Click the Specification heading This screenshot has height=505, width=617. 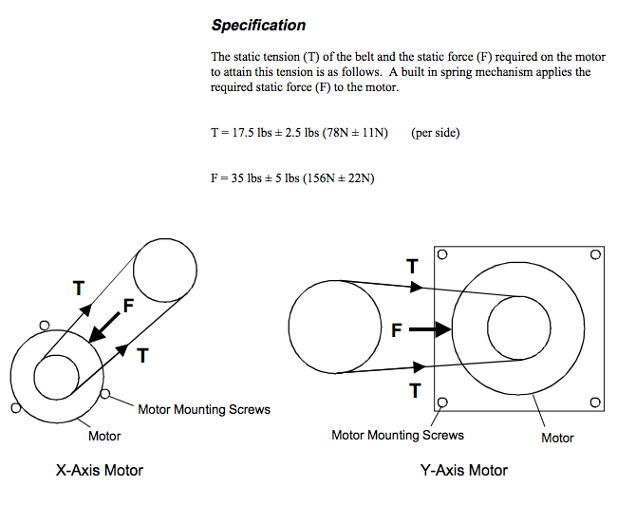[258, 26]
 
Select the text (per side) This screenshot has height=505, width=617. [435, 133]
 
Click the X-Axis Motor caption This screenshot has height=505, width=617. [100, 471]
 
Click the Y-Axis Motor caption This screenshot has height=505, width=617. [464, 471]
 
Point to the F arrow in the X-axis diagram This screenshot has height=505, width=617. [104, 327]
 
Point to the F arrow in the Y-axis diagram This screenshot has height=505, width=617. [430, 329]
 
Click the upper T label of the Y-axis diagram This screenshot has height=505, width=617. [412, 267]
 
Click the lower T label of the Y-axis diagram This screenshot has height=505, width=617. [415, 391]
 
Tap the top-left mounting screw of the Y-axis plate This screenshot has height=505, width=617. [442, 254]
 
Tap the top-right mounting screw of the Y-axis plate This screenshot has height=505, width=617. [596, 254]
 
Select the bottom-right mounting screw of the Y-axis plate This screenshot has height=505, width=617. [595, 402]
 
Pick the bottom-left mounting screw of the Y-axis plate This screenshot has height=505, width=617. [442, 402]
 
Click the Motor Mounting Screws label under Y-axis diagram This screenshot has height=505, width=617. [398, 436]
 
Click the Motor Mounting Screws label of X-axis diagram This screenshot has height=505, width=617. [204, 410]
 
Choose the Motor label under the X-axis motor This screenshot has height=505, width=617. [104, 436]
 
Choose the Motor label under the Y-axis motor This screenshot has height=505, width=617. [557, 438]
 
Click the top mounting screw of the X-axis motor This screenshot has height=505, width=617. [45, 326]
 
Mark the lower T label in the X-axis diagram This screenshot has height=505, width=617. [142, 356]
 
